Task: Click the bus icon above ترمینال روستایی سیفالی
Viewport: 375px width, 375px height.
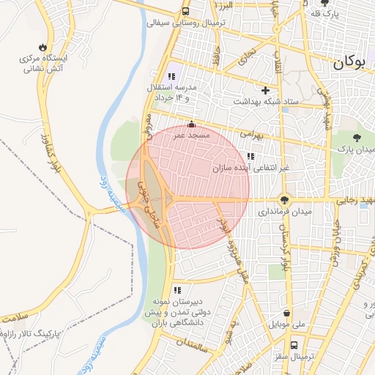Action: pyautogui.click(x=186, y=12)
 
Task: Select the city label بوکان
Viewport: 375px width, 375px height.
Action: pyautogui.click(x=349, y=63)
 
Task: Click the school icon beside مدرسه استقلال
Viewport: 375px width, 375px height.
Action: pyautogui.click(x=171, y=75)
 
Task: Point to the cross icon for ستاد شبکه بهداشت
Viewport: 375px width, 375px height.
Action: pyautogui.click(x=264, y=90)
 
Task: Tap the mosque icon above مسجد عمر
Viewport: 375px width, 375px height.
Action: pyautogui.click(x=192, y=125)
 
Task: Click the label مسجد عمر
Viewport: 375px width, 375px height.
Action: pyautogui.click(x=192, y=135)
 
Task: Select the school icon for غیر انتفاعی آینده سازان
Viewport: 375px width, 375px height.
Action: pyautogui.click(x=250, y=156)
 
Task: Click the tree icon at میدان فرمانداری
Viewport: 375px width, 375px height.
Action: pyautogui.click(x=284, y=199)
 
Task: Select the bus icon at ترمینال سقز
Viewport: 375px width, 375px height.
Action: pyautogui.click(x=294, y=344)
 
